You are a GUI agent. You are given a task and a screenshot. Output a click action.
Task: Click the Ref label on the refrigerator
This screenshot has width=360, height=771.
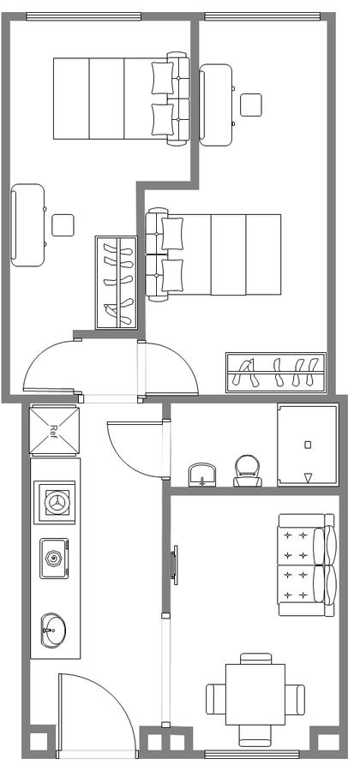(54, 431)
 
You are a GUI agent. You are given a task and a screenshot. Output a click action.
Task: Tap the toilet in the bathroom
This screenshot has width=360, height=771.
(248, 470)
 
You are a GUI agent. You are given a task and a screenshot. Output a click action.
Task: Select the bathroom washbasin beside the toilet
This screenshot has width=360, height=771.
(203, 475)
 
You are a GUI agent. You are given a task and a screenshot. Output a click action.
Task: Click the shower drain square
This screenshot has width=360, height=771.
(308, 445)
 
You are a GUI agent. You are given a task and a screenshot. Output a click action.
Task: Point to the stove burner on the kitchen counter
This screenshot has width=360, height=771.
(54, 502)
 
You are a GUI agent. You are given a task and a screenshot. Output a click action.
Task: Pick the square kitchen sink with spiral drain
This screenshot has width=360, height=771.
(54, 559)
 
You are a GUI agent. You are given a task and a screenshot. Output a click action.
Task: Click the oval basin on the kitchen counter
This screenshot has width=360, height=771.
(53, 630)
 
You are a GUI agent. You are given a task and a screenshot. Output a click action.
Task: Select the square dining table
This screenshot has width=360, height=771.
(255, 694)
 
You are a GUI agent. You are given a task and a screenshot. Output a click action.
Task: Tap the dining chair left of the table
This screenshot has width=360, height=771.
(216, 699)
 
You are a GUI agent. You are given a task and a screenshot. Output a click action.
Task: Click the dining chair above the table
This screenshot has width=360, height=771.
(255, 659)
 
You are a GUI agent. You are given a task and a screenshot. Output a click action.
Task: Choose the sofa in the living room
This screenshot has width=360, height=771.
(308, 565)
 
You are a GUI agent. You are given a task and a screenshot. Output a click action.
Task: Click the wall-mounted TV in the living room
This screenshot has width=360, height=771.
(173, 565)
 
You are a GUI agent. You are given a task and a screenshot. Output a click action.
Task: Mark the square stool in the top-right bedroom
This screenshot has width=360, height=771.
(251, 105)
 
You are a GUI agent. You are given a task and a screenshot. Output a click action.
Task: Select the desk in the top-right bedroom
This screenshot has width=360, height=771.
(216, 105)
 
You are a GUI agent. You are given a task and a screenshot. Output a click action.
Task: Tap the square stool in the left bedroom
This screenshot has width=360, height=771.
(63, 225)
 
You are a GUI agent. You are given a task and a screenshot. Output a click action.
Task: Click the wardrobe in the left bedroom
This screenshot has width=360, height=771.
(116, 283)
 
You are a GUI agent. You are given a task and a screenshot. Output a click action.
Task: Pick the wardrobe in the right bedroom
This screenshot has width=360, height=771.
(276, 373)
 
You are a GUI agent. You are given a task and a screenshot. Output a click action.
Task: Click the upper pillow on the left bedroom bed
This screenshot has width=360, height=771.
(162, 78)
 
